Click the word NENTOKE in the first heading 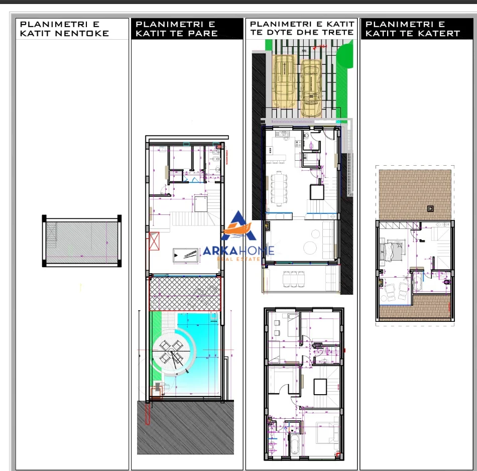coord(85,34)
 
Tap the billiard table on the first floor coord(185,255)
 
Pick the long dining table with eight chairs coord(278,188)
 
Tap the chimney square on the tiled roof coord(430,208)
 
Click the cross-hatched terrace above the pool coord(185,293)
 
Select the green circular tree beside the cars coord(345,56)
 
